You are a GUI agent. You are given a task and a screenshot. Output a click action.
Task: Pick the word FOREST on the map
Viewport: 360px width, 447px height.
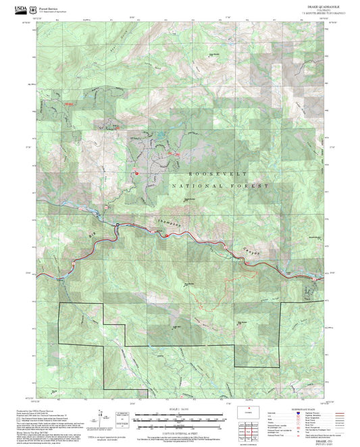(253, 186)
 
